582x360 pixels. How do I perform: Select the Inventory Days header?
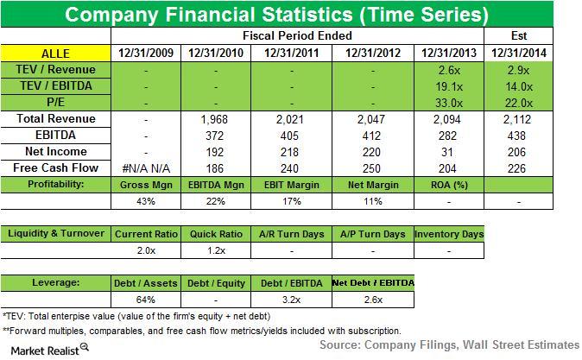[449, 234]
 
